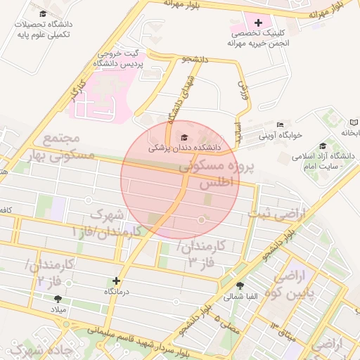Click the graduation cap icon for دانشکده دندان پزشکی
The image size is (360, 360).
pos(185,137)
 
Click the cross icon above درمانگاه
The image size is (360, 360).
pos(117,280)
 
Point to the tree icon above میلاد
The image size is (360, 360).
pos(58,299)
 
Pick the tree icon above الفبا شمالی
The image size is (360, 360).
pos(241,285)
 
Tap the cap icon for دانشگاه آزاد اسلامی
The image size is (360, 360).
pos(323,145)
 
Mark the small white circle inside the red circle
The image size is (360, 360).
pos(202,221)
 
